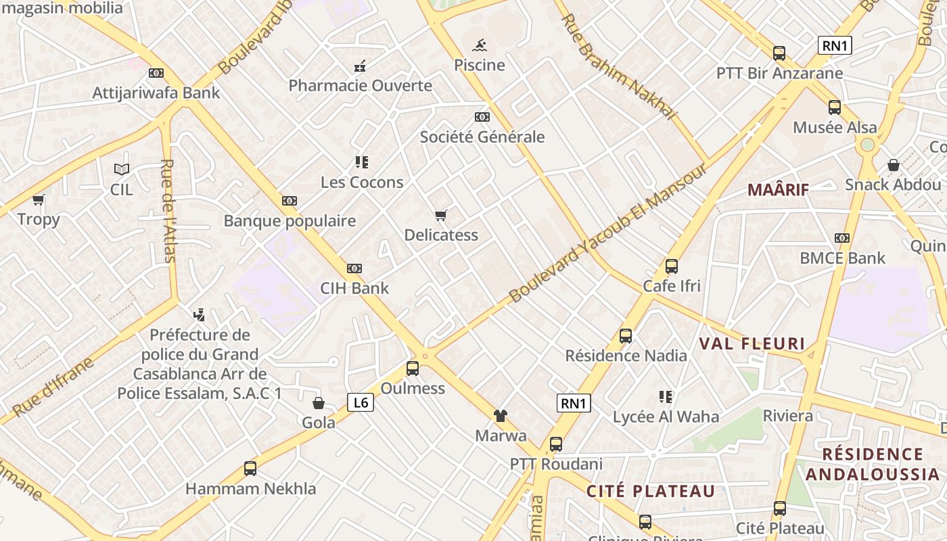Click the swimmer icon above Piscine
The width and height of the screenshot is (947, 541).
[480, 46]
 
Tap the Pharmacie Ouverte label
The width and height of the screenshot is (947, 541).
[360, 86]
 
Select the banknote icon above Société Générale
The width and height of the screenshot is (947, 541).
[482, 117]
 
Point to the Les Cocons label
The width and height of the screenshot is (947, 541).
[362, 182]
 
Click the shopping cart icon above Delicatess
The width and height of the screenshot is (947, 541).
[441, 216]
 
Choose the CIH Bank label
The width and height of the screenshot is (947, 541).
[354, 288]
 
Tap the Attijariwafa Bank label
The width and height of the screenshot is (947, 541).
[156, 93]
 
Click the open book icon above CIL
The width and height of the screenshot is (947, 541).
[122, 169]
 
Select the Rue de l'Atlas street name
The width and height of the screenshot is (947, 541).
[168, 210]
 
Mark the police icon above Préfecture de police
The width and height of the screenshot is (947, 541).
[199, 314]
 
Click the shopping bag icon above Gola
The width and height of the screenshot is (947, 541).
[319, 403]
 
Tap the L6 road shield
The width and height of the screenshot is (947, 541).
[361, 403]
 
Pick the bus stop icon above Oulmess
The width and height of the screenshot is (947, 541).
[413, 369]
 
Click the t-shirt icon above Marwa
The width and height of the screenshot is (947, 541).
[501, 416]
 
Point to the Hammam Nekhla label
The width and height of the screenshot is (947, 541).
[250, 488]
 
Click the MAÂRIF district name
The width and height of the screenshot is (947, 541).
[778, 190]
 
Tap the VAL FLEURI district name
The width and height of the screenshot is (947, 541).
[752, 344]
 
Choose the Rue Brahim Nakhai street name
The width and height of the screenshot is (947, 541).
[618, 67]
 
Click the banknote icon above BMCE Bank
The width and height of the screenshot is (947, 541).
[842, 238]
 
